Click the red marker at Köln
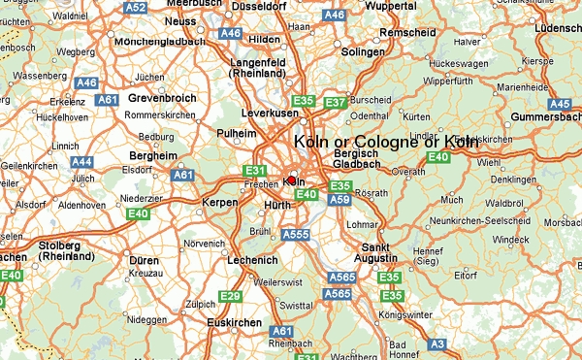[291, 180]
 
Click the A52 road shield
[136, 8]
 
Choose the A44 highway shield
[82, 162]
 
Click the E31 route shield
[255, 170]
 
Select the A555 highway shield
[295, 234]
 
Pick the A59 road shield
[339, 200]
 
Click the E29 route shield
[230, 296]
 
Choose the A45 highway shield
[560, 104]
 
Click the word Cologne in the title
[387, 142]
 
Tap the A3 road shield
[437, 344]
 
